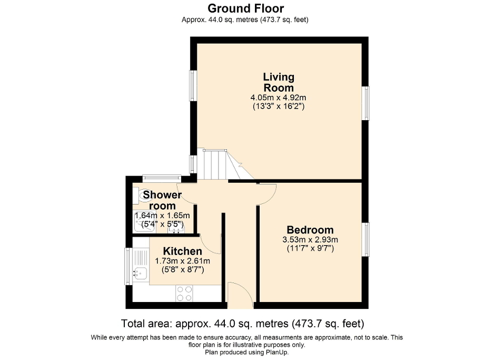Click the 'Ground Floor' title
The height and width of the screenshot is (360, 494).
click(245, 8)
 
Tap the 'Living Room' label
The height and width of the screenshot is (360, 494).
click(279, 83)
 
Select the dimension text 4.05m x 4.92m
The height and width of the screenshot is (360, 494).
click(279, 98)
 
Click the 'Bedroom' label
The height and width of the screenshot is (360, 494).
click(310, 230)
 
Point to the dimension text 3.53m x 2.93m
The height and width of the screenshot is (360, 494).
click(310, 239)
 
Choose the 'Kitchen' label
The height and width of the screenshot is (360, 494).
click(182, 251)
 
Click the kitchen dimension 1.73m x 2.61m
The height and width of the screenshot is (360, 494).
click(182, 261)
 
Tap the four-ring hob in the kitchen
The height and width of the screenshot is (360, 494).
click(184, 293)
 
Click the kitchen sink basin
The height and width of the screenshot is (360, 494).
click(140, 273)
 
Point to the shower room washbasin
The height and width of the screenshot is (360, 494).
click(179, 228)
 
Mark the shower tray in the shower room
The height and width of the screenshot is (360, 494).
click(142, 226)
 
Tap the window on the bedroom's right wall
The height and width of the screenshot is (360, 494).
click(365, 239)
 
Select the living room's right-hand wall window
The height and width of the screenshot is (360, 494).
click(365, 103)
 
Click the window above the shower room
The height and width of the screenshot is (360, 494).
click(162, 178)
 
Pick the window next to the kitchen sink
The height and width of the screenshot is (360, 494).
click(127, 266)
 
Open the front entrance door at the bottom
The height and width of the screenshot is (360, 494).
click(240, 295)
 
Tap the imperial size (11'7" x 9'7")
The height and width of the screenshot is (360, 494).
click(310, 248)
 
